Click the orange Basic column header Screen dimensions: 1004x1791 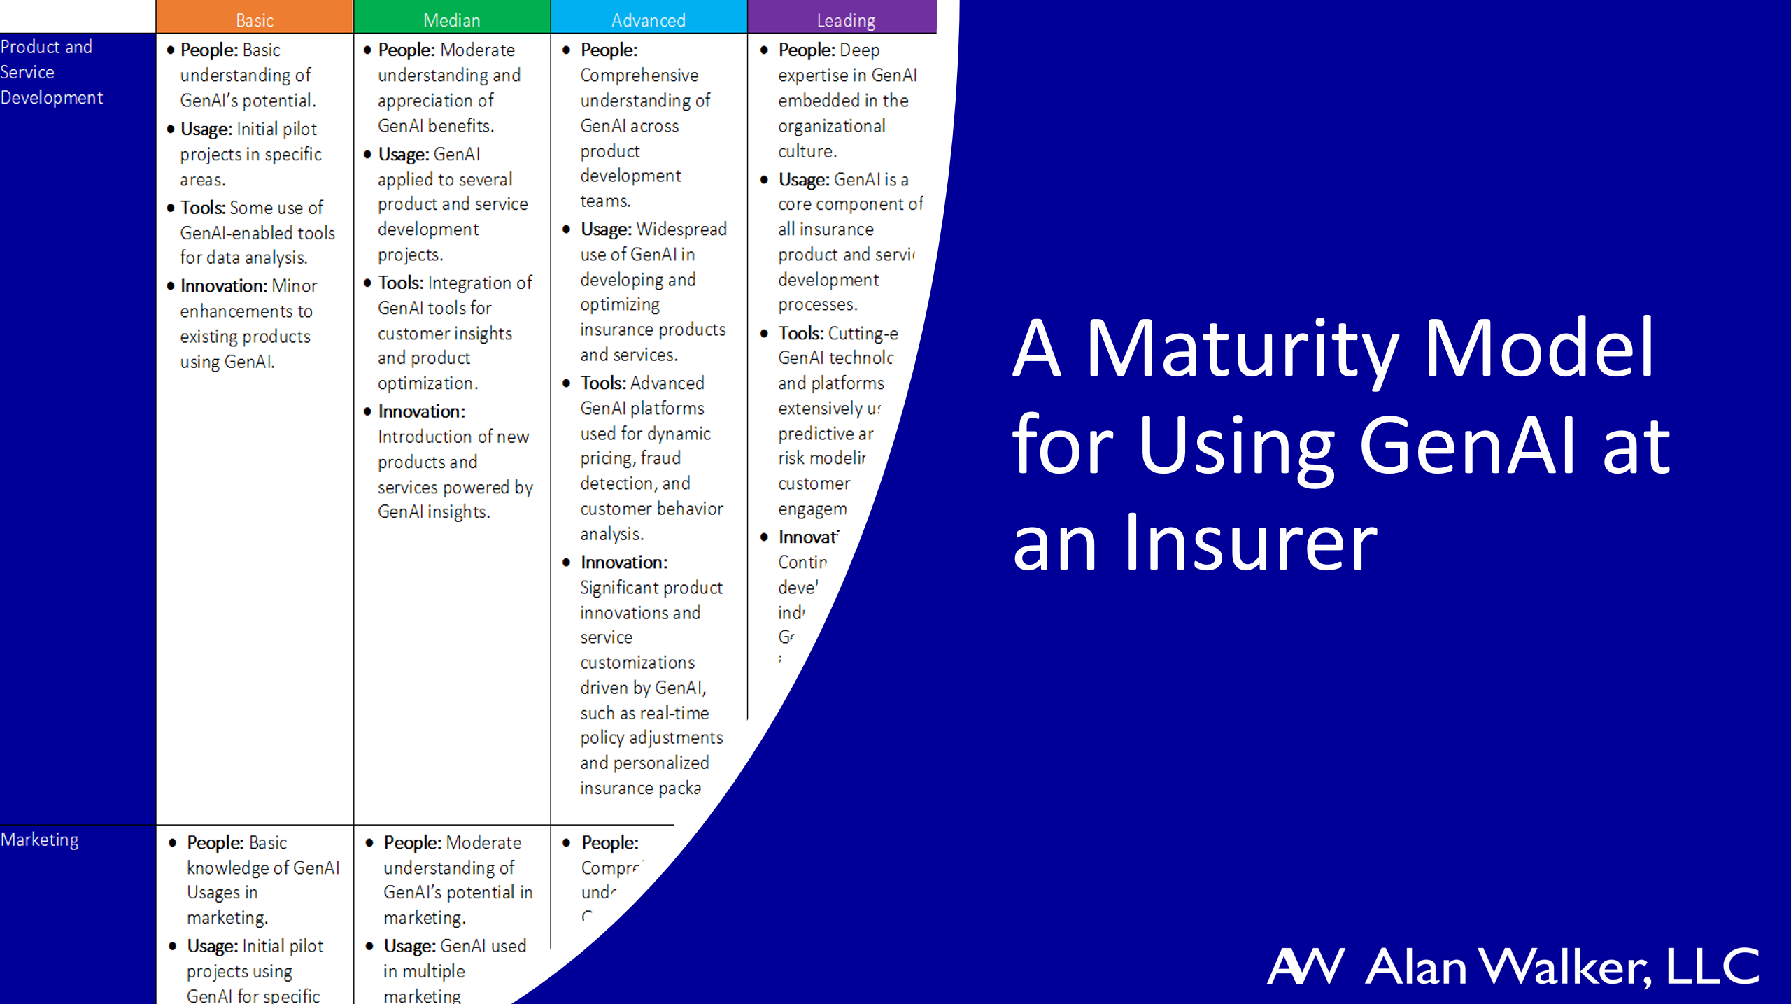[x=254, y=20]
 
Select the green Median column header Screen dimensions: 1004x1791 [x=451, y=20]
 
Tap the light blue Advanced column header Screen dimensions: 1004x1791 [x=649, y=20]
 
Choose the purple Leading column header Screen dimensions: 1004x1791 [x=845, y=20]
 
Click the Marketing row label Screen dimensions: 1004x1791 [x=40, y=840]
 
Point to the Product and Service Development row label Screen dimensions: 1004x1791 [x=51, y=72]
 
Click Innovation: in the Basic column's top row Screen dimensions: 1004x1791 [x=223, y=286]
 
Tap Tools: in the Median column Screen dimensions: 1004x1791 [x=400, y=283]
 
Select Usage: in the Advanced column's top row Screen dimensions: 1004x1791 [x=606, y=229]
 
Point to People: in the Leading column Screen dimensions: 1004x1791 [x=807, y=50]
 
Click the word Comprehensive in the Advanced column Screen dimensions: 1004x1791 [x=639, y=76]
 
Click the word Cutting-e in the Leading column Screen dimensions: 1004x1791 [x=863, y=334]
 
